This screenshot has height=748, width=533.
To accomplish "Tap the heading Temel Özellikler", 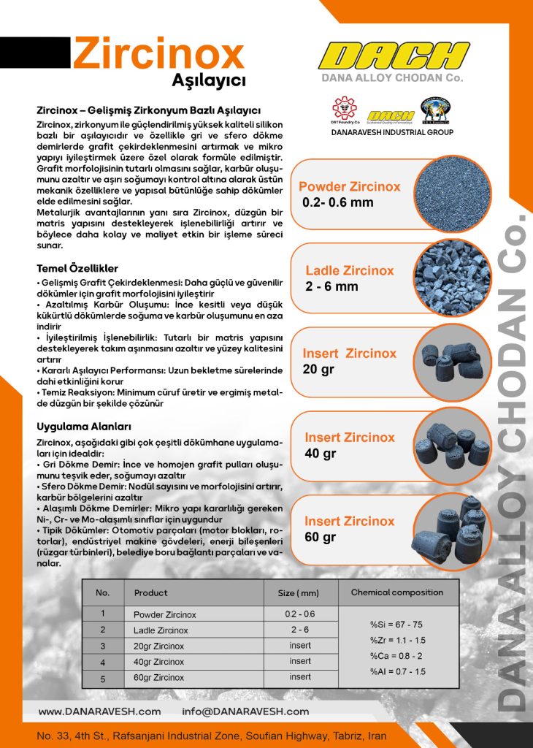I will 77,268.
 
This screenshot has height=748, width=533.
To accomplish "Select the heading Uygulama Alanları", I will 84,426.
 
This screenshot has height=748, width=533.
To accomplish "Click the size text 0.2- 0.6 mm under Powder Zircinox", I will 337,202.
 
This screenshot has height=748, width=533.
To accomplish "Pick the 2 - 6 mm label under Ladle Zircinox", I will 332,286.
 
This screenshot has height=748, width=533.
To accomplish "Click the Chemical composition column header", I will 397,592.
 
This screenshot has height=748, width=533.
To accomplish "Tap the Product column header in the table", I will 151,593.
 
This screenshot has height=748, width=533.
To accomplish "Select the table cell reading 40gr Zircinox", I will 158,662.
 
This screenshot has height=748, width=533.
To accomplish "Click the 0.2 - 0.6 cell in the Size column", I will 300,614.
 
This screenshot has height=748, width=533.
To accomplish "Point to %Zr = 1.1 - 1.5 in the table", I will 396,640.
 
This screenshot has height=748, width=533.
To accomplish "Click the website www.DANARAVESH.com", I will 99,711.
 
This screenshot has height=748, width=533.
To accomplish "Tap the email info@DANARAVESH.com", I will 245,711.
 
